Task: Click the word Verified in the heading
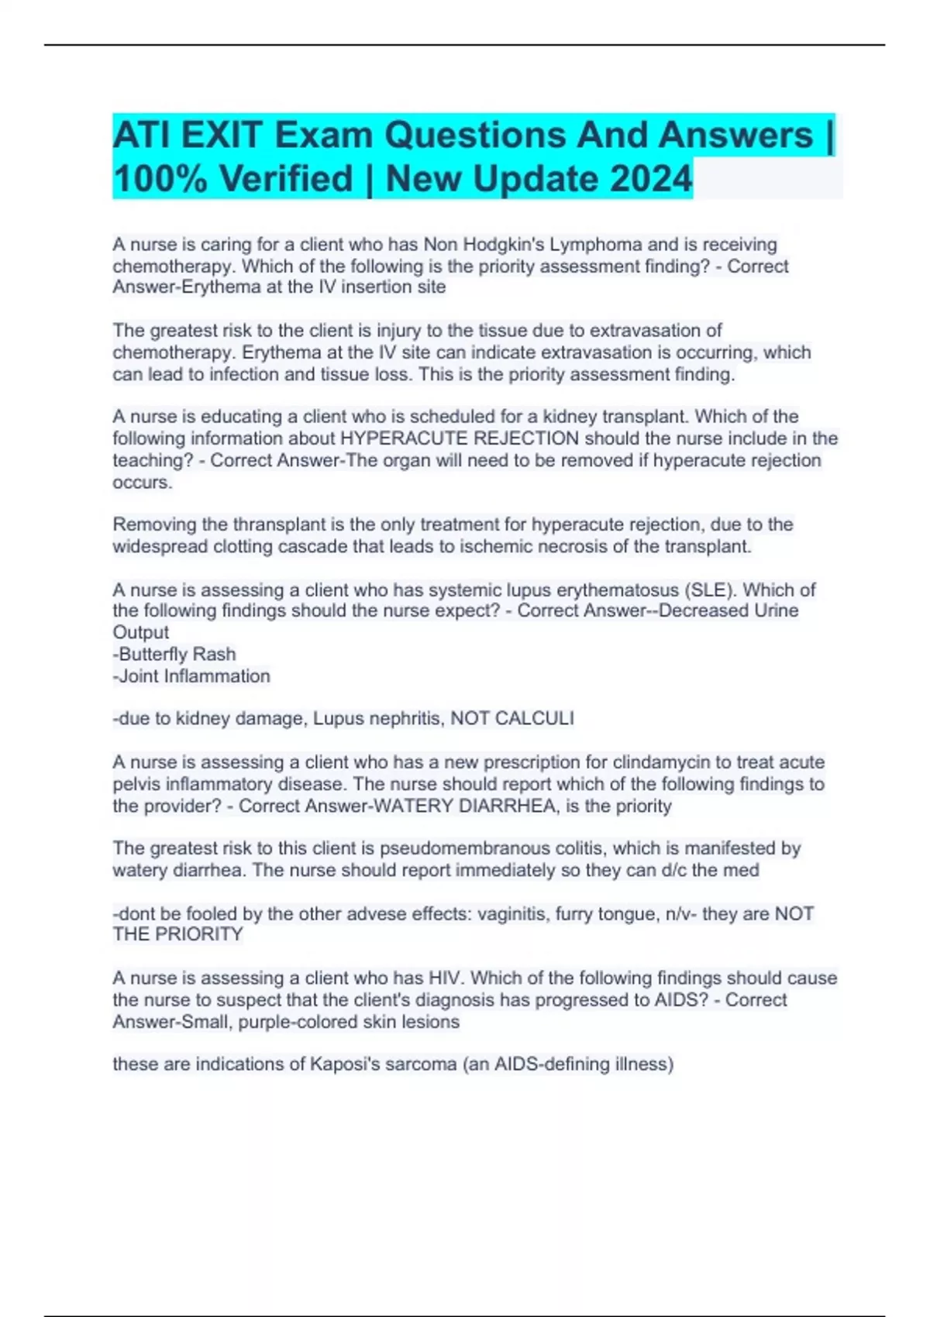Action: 287,179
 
